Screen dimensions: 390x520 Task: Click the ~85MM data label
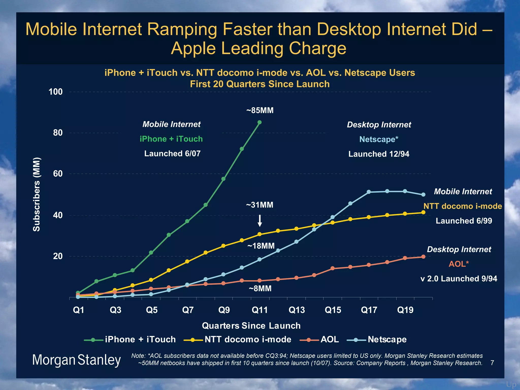(x=260, y=110)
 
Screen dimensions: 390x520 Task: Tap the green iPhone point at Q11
(x=259, y=122)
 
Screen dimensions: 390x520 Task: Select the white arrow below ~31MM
(x=260, y=221)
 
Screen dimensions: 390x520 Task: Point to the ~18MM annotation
(x=261, y=246)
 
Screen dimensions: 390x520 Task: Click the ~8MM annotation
(x=260, y=288)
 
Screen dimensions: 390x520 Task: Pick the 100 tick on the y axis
(x=56, y=92)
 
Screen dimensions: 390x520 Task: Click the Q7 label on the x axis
(x=188, y=310)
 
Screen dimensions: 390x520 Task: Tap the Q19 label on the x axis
(x=405, y=310)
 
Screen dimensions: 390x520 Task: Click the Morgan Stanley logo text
(x=76, y=360)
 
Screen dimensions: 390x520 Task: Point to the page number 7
(x=492, y=363)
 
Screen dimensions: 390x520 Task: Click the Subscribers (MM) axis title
(x=37, y=194)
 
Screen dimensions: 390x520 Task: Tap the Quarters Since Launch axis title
(x=251, y=326)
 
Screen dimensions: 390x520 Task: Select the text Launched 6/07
(x=172, y=153)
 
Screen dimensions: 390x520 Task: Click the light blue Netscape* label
(x=379, y=139)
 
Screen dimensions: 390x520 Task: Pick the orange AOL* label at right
(x=459, y=264)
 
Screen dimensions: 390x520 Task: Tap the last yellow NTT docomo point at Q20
(x=423, y=212)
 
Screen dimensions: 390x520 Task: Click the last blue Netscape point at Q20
(x=423, y=194)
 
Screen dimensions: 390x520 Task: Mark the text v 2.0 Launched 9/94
(x=459, y=279)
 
